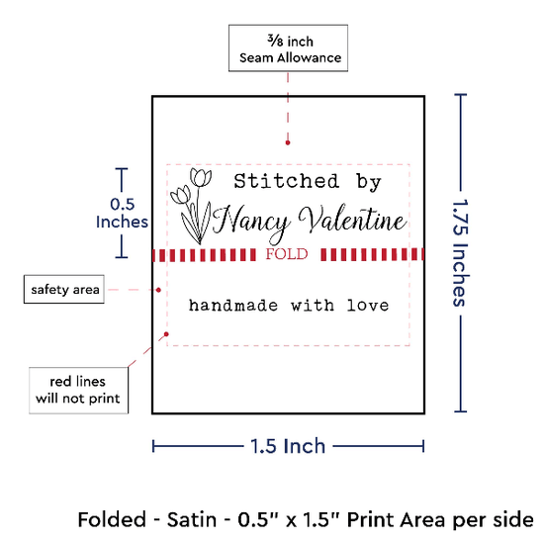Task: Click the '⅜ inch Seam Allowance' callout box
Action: pyautogui.click(x=288, y=48)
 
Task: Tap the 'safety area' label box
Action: pyautogui.click(x=64, y=290)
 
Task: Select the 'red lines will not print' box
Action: pyautogui.click(x=79, y=391)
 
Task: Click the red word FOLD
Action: pyautogui.click(x=287, y=254)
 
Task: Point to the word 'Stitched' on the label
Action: pyautogui.click(x=286, y=181)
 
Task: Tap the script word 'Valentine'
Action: pyautogui.click(x=352, y=220)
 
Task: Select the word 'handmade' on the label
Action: pyautogui.click(x=233, y=306)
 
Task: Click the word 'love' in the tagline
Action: pyautogui.click(x=368, y=306)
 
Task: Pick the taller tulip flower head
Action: pyautogui.click(x=201, y=177)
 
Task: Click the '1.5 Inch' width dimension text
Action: pyautogui.click(x=288, y=446)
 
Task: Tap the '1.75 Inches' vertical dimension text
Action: pyautogui.click(x=461, y=252)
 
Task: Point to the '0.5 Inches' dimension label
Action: pyautogui.click(x=122, y=213)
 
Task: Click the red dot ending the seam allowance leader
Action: pyautogui.click(x=288, y=142)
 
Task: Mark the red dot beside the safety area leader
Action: pyautogui.click(x=158, y=290)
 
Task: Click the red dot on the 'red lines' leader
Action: pyautogui.click(x=166, y=334)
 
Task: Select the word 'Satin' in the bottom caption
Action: pyautogui.click(x=192, y=519)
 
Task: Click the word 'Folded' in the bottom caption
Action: pyautogui.click(x=112, y=519)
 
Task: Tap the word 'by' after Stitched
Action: pyautogui.click(x=369, y=182)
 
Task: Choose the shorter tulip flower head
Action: pyautogui.click(x=180, y=194)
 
